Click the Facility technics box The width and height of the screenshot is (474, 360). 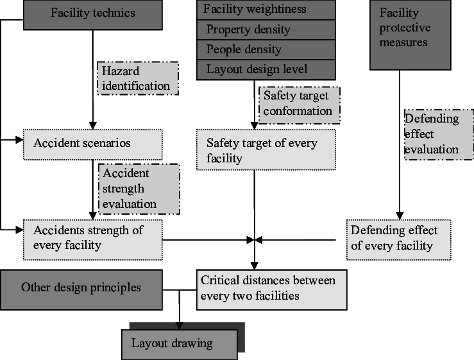[93, 15]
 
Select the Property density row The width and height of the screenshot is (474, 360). [266, 30]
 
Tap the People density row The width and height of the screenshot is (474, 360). [266, 49]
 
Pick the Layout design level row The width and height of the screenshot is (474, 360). [266, 70]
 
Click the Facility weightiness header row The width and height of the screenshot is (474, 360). [266, 10]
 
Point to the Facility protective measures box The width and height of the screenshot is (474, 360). [411, 35]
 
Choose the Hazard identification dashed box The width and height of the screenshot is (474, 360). [138, 78]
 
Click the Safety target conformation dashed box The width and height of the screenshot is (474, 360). [300, 105]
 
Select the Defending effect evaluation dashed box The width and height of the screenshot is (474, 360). [439, 135]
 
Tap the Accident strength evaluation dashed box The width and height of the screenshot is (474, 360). [139, 189]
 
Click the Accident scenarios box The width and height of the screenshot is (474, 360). [93, 144]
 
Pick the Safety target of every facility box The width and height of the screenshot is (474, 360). [266, 150]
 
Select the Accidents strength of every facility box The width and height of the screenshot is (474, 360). [93, 240]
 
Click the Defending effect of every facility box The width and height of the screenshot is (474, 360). [399, 240]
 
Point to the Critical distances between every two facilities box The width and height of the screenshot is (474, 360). [272, 290]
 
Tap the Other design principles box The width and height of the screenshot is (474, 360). [81, 290]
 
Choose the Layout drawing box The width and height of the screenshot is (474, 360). [180, 345]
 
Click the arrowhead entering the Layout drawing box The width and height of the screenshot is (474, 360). [180, 326]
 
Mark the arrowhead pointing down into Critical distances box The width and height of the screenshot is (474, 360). [255, 266]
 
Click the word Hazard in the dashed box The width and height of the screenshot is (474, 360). [121, 71]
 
